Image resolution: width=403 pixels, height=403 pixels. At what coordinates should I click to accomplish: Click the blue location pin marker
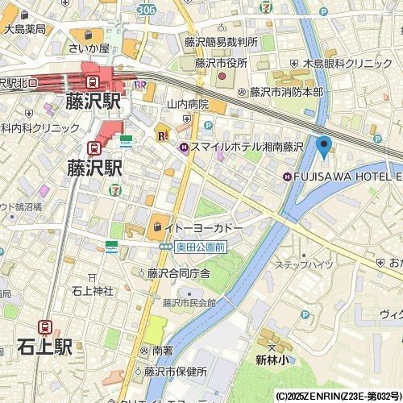(324, 147)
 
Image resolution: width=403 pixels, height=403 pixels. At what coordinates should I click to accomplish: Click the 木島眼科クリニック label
(349, 63)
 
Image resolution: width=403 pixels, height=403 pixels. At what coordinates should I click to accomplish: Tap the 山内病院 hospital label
(187, 104)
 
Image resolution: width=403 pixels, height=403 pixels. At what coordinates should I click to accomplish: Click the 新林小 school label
(272, 359)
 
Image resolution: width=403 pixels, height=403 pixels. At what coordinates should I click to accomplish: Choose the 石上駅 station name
(44, 347)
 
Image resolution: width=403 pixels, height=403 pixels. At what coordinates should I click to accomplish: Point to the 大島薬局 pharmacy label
(24, 28)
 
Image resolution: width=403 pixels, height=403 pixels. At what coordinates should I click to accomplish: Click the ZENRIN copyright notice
(338, 397)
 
